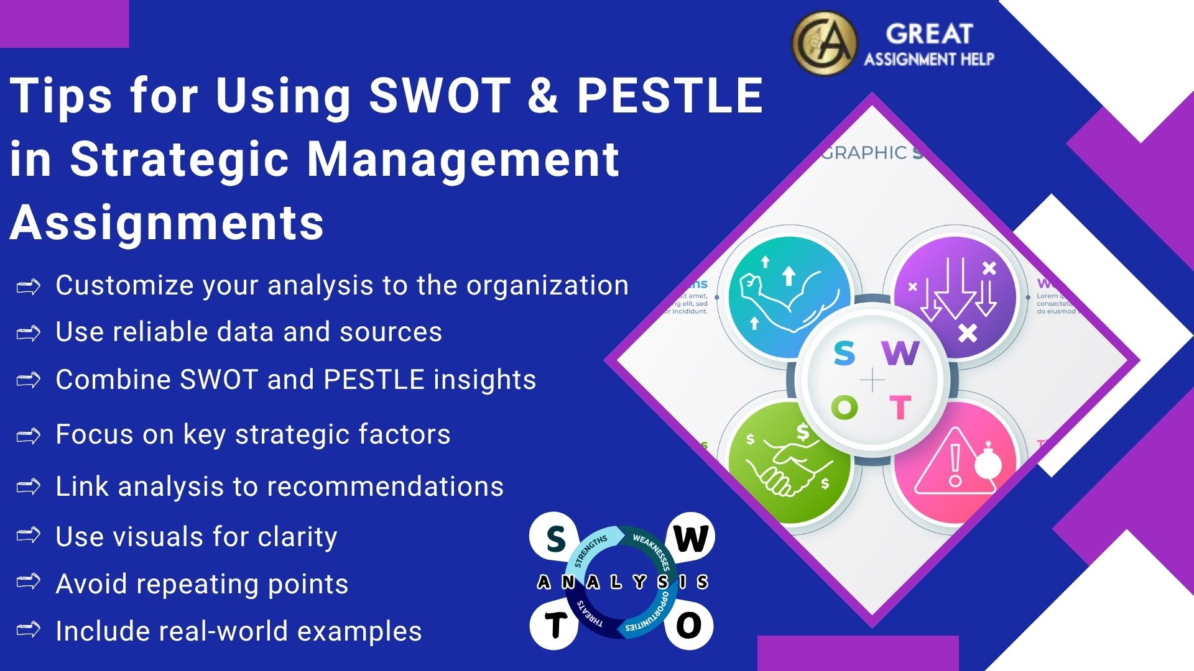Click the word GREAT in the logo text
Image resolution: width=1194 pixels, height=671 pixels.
[929, 34]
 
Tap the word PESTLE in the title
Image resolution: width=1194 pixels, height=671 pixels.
[670, 96]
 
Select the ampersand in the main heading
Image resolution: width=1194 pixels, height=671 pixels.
[543, 96]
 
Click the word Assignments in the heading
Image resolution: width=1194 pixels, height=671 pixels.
[167, 222]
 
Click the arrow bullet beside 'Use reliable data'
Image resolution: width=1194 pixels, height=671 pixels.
[29, 334]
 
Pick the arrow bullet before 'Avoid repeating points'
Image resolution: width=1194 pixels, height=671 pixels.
[29, 582]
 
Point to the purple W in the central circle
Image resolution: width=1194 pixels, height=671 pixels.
[900, 353]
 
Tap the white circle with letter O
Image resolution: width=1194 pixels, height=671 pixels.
[688, 625]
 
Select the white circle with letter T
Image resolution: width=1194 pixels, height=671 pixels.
[555, 625]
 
